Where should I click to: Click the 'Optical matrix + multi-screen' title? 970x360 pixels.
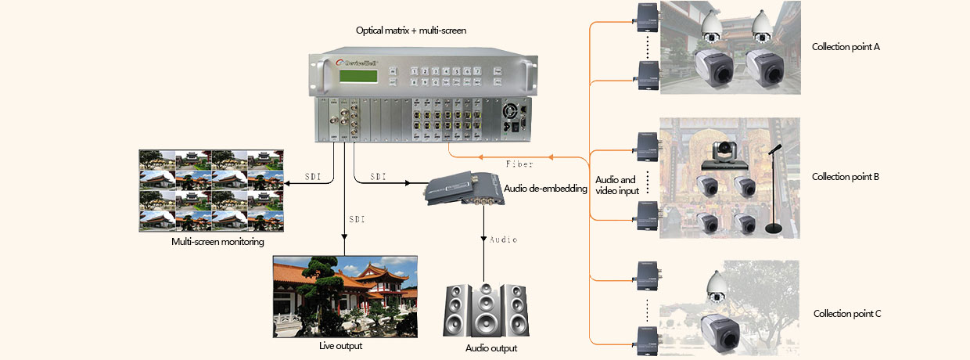click(x=411, y=31)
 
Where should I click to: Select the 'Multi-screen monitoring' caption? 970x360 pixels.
click(x=217, y=242)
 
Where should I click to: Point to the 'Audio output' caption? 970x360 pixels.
click(x=491, y=348)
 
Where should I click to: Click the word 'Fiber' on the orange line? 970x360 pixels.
click(x=519, y=164)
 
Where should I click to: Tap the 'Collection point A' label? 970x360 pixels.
click(x=846, y=47)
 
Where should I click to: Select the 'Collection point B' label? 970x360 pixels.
click(x=846, y=177)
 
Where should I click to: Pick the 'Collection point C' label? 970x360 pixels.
click(x=847, y=314)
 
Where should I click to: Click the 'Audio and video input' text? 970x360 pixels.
click(x=617, y=185)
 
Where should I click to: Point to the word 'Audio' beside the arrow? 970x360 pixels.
click(x=503, y=239)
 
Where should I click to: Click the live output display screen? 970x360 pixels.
click(x=343, y=297)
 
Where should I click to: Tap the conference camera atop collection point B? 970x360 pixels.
click(x=720, y=157)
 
